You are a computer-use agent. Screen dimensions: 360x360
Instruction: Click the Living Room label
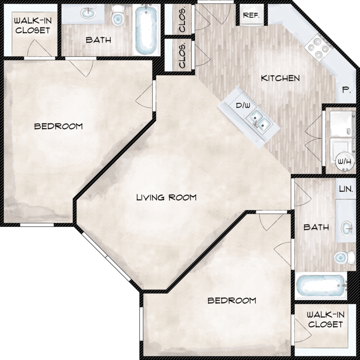167,197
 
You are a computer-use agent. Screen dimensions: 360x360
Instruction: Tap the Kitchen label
280,78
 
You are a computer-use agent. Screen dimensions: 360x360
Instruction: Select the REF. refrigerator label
251,15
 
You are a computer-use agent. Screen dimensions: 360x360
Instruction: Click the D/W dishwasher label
243,106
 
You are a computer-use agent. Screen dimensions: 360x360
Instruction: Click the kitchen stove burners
318,48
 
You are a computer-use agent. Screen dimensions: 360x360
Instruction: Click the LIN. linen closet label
346,189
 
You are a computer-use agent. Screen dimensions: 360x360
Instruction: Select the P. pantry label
347,90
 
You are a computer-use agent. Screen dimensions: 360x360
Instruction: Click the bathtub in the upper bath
146,30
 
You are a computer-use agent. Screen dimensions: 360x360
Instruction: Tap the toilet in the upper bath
118,15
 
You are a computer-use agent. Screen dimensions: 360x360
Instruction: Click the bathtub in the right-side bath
321,286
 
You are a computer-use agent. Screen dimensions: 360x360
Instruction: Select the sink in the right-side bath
347,228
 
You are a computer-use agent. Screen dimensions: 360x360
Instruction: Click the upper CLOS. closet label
182,20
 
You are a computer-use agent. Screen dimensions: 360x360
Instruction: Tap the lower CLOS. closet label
182,56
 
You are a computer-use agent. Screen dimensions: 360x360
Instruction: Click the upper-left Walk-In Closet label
33,25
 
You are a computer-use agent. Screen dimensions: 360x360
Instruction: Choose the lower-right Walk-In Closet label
325,319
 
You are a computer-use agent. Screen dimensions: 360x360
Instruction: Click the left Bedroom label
58,126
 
